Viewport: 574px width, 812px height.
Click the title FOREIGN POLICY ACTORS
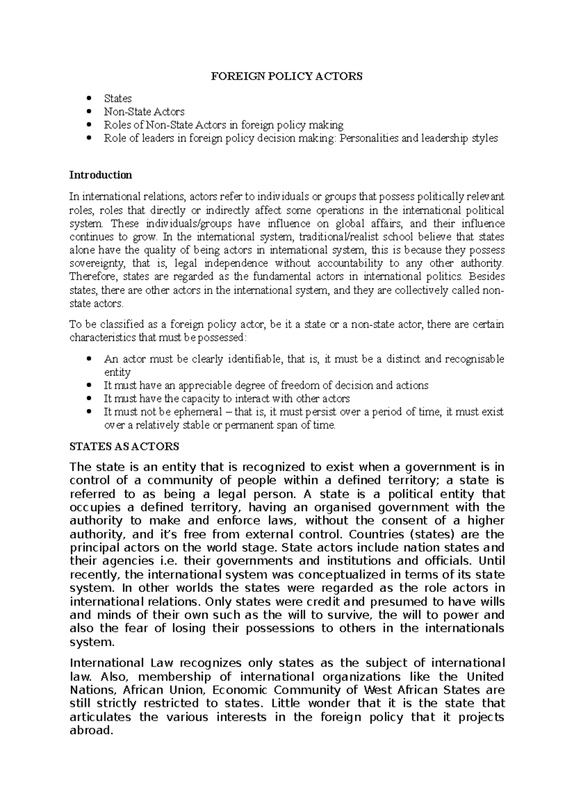tap(287, 76)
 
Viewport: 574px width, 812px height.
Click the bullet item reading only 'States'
tap(118, 99)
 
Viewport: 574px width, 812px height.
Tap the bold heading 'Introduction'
tap(100, 175)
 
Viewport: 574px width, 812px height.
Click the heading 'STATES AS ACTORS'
tap(124, 447)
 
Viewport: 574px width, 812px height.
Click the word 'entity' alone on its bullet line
tap(117, 372)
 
